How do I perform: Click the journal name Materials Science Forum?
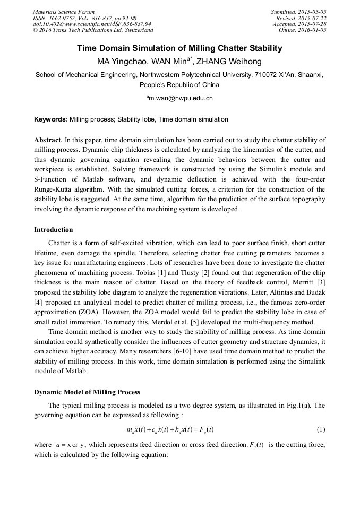(x=64, y=12)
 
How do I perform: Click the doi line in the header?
(x=92, y=24)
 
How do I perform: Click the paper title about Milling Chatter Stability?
(x=179, y=48)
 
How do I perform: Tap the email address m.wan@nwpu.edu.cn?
(x=180, y=98)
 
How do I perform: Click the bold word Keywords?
(x=50, y=120)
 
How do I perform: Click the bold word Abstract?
(x=48, y=140)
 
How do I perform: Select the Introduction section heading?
(x=54, y=230)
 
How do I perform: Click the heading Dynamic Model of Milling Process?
(x=87, y=392)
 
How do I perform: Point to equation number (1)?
(x=321, y=429)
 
